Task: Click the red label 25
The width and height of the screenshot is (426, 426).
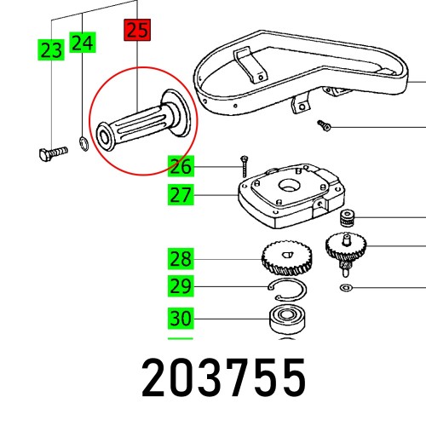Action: coord(136,31)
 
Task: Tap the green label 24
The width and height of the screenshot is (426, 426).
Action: coord(83,43)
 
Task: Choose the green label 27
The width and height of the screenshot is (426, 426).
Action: coord(181,195)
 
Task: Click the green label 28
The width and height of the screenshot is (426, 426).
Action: coord(181,257)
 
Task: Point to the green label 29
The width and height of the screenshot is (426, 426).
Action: coord(181,285)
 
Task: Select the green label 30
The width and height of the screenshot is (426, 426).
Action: coord(181,319)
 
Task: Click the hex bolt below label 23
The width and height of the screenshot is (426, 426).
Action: coord(52,154)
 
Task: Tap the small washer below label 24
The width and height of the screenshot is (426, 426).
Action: coord(83,141)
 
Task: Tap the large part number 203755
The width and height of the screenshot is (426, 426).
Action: coord(222,379)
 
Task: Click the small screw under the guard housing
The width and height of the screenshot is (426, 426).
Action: coord(325,126)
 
